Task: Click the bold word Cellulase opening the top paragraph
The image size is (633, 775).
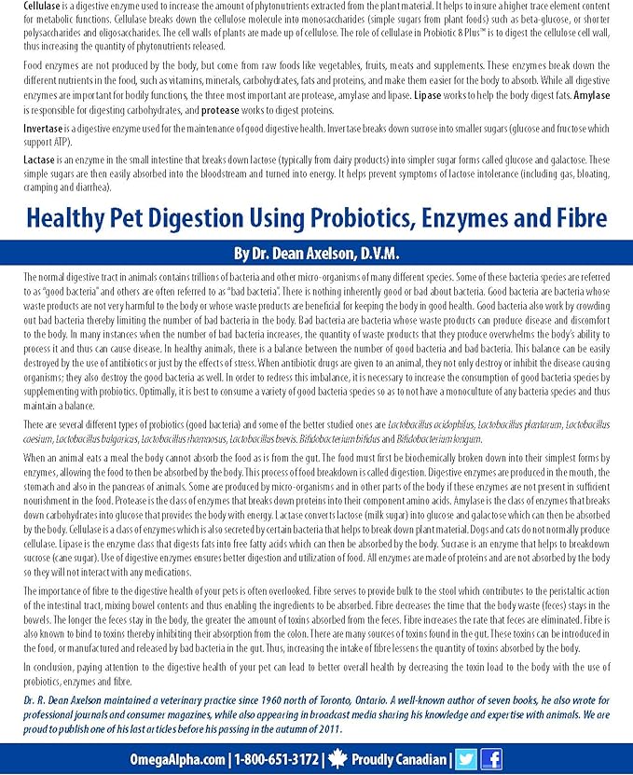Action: click(42, 7)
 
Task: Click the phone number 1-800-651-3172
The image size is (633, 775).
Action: click(277, 758)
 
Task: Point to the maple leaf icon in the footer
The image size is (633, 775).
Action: click(337, 758)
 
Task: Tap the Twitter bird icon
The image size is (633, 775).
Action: click(466, 758)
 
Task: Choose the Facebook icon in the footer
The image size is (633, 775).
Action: click(490, 758)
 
